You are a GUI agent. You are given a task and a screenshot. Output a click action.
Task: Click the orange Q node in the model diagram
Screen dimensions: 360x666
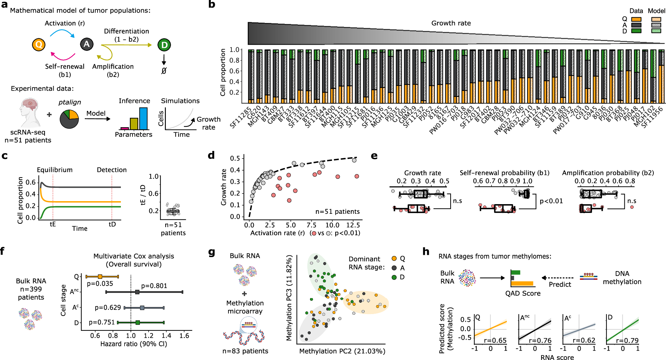(39, 45)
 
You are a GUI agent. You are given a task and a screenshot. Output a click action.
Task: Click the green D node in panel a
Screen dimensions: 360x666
(164, 45)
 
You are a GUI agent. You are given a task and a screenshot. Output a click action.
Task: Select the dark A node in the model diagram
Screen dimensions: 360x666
(87, 44)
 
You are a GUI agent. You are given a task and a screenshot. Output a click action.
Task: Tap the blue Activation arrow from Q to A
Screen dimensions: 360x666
(62, 32)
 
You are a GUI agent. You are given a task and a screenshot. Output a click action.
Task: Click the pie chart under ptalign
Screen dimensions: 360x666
(69, 119)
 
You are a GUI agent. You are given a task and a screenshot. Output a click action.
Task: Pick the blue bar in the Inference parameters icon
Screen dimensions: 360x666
(144, 119)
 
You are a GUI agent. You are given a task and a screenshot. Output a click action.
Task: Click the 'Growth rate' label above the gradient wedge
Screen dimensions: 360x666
(451, 23)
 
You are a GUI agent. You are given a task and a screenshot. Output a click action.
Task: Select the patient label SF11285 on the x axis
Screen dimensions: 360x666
(241, 118)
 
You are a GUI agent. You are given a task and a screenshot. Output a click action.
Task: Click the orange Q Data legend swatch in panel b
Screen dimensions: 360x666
(636, 19)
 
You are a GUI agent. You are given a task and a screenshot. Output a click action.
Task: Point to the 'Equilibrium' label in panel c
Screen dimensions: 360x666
(55, 170)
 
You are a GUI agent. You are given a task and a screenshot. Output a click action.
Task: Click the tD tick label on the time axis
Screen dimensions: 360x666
(112, 224)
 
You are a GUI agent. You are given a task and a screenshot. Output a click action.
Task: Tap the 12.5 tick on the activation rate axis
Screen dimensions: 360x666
(353, 225)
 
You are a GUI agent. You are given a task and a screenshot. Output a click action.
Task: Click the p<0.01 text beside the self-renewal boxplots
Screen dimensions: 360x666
(551, 201)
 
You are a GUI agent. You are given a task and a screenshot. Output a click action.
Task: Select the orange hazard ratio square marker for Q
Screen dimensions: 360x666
(100, 276)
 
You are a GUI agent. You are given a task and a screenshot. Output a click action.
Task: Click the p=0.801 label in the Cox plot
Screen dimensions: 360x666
(154, 286)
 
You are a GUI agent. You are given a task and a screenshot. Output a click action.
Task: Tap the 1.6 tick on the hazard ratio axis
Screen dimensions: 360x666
(184, 336)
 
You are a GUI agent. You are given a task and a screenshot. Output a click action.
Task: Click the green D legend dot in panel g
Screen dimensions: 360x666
(394, 277)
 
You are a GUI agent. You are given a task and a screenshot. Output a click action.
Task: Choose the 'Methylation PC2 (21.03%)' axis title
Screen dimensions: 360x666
(342, 351)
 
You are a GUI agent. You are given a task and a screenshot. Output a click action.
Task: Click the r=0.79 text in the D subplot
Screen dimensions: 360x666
(627, 340)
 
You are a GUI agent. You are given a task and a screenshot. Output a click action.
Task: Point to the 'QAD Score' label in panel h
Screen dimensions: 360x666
(523, 293)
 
